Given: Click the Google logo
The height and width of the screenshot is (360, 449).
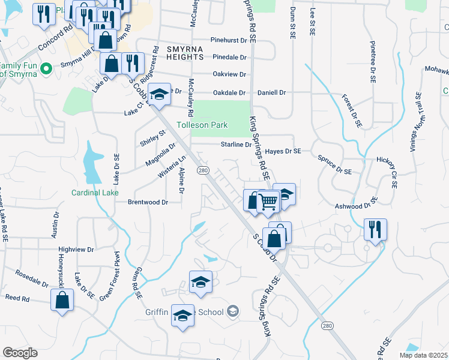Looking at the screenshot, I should tap(20, 352).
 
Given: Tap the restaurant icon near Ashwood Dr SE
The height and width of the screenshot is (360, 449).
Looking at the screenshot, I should tap(375, 229).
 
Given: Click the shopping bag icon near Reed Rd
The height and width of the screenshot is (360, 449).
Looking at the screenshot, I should tap(62, 299).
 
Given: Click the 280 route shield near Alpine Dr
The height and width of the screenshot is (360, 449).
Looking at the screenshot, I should tap(203, 170).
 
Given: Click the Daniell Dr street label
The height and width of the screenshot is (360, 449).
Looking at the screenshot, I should tap(271, 93).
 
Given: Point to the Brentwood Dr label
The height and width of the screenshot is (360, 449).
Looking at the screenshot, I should tap(147, 202).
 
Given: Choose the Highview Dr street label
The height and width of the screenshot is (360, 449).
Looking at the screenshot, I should tap(76, 249).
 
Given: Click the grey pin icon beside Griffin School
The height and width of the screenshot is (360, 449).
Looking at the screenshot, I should tap(234, 311).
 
